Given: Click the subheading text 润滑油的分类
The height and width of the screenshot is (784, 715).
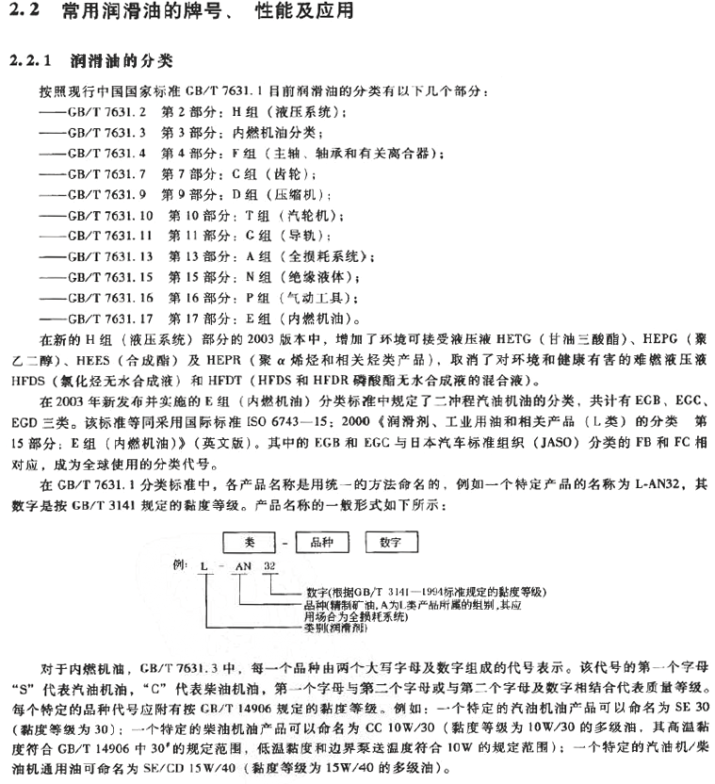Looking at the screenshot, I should click(122, 61).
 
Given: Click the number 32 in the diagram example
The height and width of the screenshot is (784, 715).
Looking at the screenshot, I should click(270, 566).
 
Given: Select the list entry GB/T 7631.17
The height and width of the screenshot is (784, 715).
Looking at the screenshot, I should click(106, 318).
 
